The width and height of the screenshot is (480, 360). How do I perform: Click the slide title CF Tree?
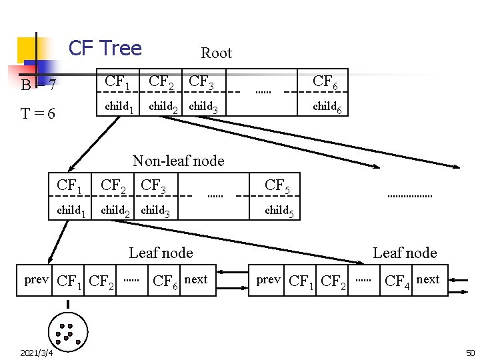105,48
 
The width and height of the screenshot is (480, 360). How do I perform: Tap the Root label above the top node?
216,53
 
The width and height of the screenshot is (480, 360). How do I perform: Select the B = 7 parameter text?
38,85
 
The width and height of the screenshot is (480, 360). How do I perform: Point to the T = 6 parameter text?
38,113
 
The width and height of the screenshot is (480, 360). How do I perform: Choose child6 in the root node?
327,107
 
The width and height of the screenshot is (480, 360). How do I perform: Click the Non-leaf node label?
178,161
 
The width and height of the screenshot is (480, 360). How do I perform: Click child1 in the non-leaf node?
71,211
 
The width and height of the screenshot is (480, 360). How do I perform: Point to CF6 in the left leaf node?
165,281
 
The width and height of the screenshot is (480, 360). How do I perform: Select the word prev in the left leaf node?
36,279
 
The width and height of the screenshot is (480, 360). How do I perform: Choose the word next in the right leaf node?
427,279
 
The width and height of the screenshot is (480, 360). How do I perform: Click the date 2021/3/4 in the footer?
37,352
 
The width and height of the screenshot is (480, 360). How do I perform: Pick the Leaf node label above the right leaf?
405,253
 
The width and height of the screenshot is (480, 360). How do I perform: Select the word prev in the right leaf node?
268,279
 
